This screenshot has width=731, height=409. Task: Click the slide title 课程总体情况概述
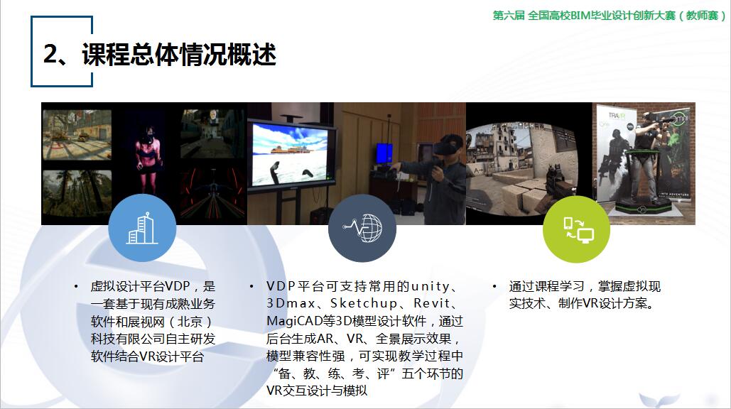point(179,54)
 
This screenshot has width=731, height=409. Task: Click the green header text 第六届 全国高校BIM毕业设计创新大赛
point(584,16)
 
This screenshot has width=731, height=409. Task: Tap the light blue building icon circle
point(142,228)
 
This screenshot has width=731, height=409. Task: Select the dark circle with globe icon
point(362,228)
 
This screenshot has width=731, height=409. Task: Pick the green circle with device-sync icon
point(577,229)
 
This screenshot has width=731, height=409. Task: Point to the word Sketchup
point(364,303)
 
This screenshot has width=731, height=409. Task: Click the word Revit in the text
point(432,303)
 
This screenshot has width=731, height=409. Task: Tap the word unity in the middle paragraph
point(431,286)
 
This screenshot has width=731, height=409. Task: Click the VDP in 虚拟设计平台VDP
point(178,286)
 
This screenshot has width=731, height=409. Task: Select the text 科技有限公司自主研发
point(153,339)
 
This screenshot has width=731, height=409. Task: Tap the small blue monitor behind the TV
point(384,154)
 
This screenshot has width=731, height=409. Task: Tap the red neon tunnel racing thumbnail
point(212,193)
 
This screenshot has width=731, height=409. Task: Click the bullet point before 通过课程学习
point(494,286)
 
